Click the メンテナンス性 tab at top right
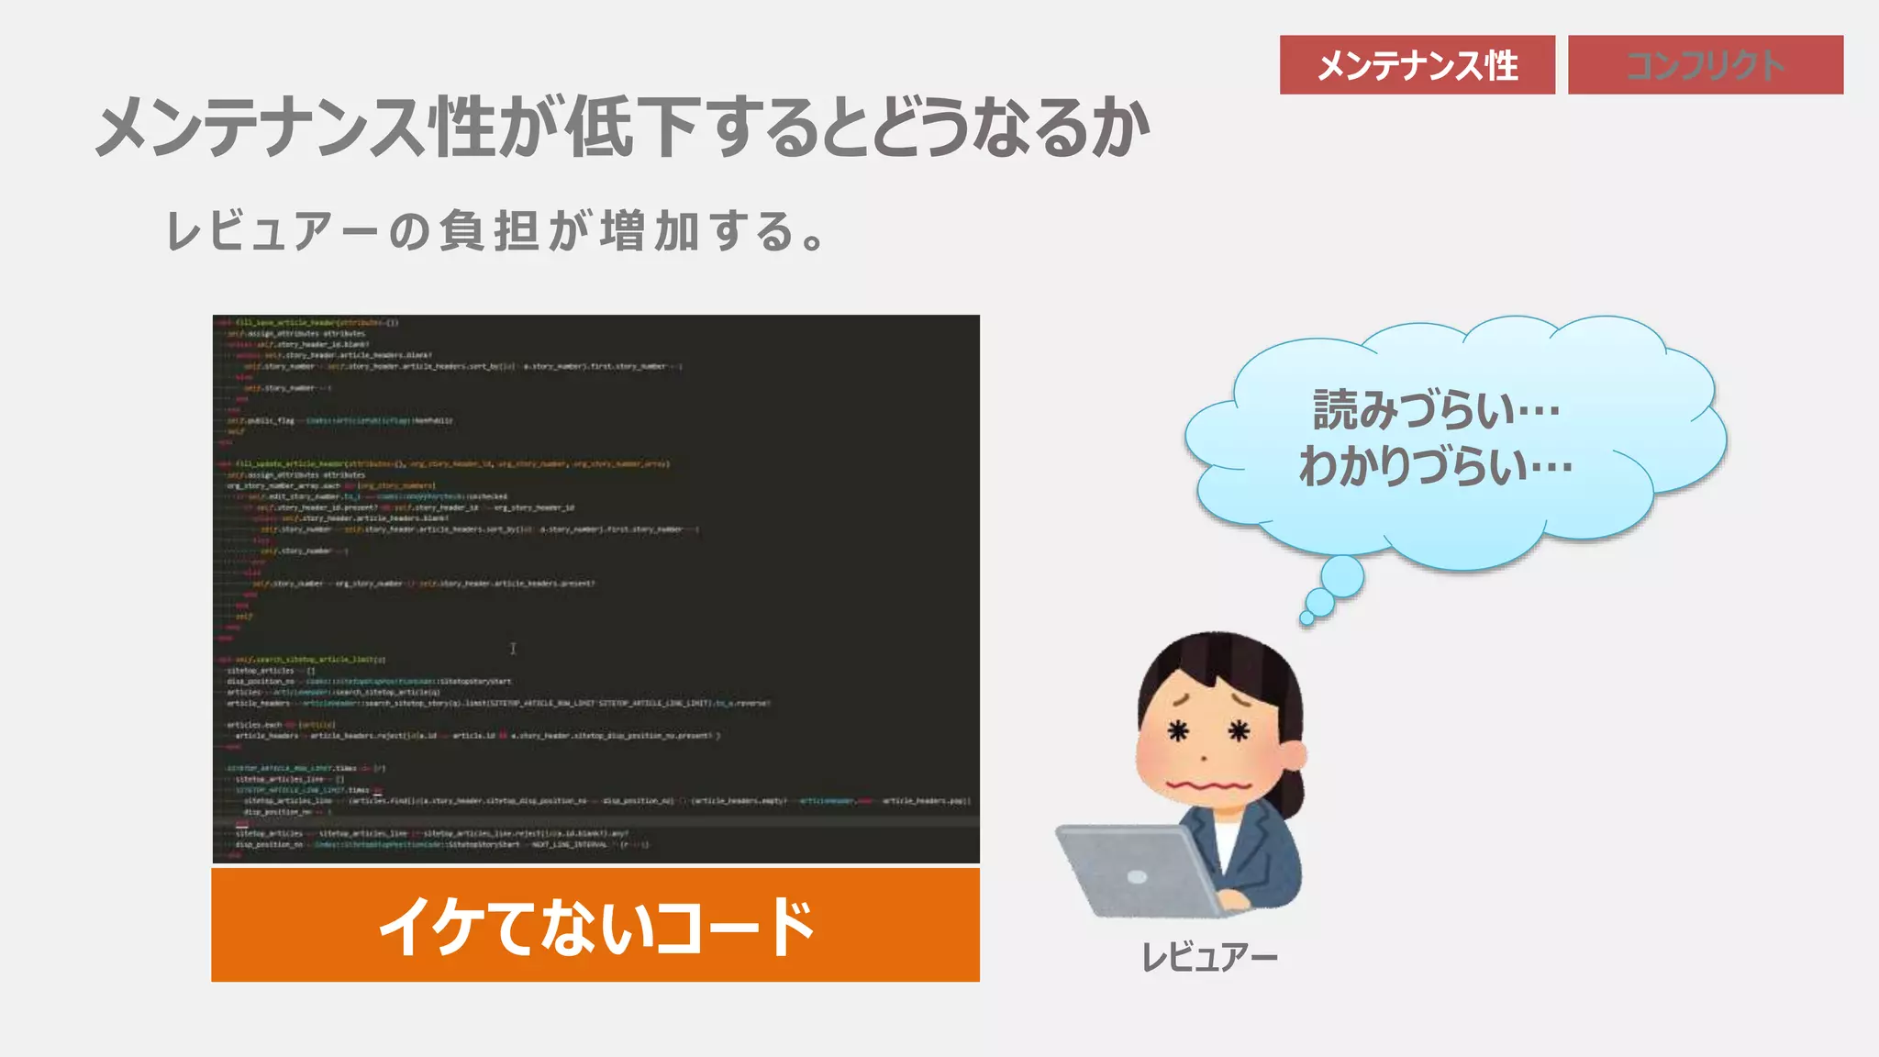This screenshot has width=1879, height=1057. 1417,65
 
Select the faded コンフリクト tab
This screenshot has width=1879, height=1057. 1705,65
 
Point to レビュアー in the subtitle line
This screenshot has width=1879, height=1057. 271,231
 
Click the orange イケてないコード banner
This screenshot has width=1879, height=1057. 595,925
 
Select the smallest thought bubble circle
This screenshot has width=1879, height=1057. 1306,618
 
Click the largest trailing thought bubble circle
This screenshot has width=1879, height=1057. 1342,577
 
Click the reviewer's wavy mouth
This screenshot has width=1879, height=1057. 1208,786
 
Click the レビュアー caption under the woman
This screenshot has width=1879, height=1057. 1208,958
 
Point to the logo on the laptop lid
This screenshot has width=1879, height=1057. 1137,876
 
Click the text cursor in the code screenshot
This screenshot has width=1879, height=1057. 513,649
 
